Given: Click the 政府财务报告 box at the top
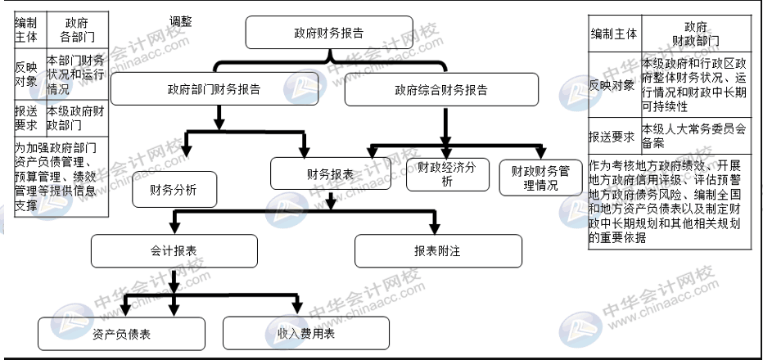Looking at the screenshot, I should click(329, 34).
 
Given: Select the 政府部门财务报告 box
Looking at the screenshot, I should click(214, 90).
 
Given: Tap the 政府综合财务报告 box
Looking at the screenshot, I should click(441, 90).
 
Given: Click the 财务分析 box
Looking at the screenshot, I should click(173, 189).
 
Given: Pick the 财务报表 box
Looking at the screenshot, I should click(330, 173).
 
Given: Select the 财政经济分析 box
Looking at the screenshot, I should click(447, 173).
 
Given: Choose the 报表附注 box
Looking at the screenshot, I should click(438, 250).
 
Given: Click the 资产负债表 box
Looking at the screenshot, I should click(121, 333).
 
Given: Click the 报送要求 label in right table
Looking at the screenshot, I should click(614, 136).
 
